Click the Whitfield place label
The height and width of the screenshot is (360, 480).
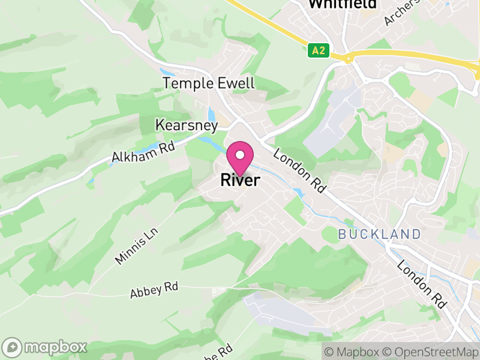coord(343,4)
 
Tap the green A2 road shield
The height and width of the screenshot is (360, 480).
coord(319,50)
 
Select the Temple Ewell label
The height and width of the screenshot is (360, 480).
coord(209,83)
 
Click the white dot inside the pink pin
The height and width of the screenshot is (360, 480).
coord(241,155)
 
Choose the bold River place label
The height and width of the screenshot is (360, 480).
coord(240,179)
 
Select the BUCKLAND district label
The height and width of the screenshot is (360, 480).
coord(379,234)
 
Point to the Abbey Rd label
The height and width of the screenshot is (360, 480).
coord(155,290)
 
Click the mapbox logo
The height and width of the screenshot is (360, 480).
coord(46,347)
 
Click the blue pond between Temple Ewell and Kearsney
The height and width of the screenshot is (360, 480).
coord(211,114)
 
